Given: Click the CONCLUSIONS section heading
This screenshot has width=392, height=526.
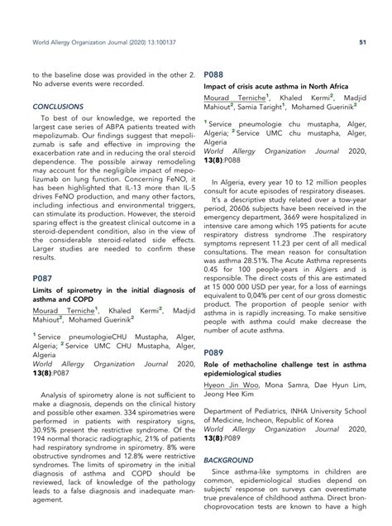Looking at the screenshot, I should coord(58,107).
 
